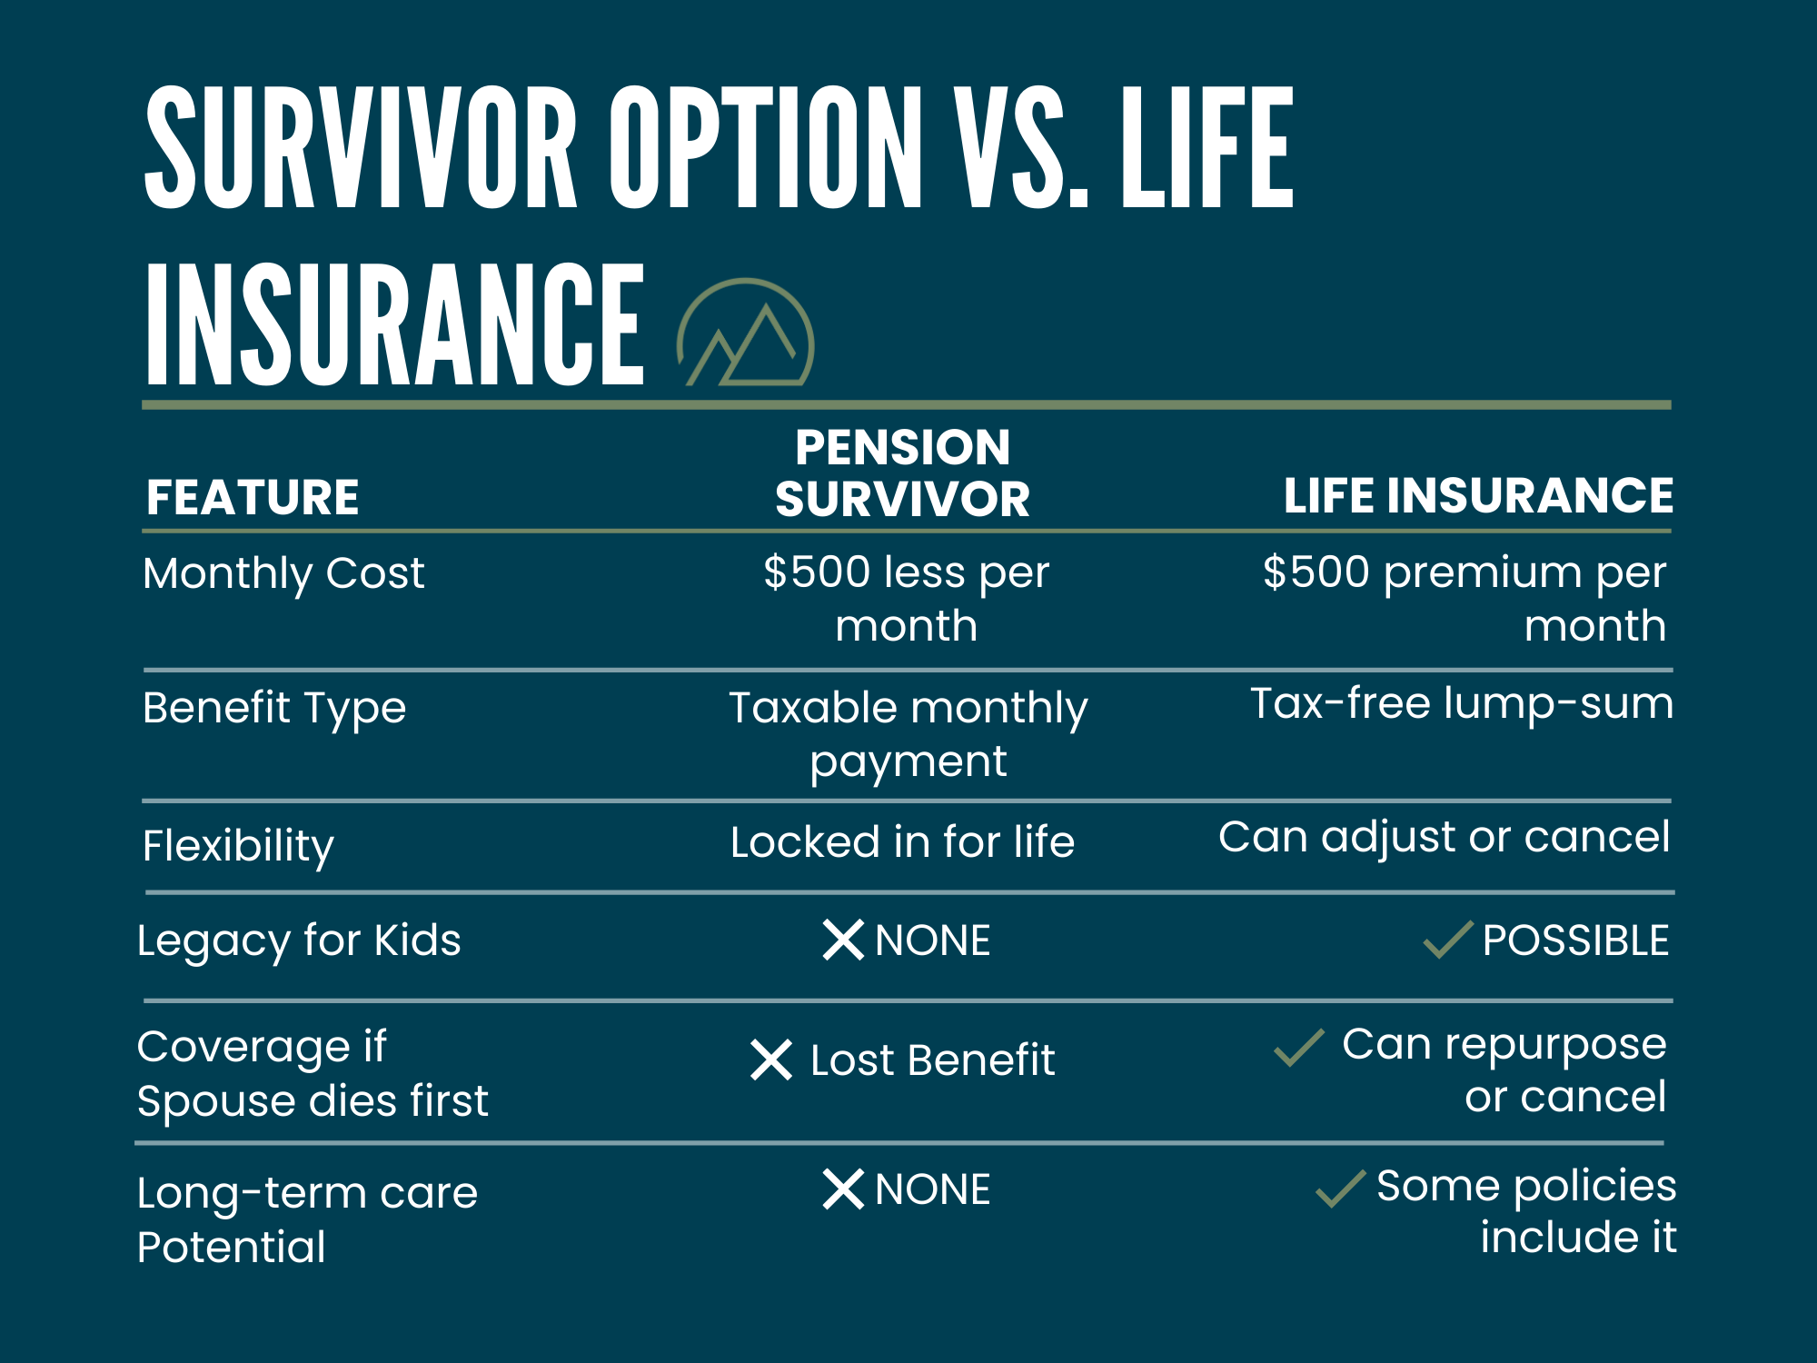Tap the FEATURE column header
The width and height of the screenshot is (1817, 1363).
(253, 498)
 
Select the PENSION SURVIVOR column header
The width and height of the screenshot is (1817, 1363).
(902, 473)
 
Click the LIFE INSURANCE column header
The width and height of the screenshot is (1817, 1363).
(1478, 496)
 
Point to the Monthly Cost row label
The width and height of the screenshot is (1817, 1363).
(283, 573)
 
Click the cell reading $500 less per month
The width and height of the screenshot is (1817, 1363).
(906, 599)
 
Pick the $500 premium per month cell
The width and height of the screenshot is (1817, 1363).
(1465, 599)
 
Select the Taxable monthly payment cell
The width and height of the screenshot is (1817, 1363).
(908, 733)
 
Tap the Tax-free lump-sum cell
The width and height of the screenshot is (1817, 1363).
(1461, 703)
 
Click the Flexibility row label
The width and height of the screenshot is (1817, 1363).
(238, 846)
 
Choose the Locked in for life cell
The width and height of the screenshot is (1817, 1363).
(902, 842)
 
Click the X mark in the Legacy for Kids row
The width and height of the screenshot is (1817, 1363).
(843, 940)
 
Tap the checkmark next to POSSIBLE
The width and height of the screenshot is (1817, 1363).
(1447, 940)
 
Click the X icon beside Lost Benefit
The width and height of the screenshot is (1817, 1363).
(771, 1060)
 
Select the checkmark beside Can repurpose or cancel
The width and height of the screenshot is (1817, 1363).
(1298, 1048)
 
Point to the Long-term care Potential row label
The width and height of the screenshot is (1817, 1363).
(307, 1219)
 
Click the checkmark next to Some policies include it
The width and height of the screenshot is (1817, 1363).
(1340, 1189)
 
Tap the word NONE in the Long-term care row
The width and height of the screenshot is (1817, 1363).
(932, 1189)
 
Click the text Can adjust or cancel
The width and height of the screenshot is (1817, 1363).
(1444, 837)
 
